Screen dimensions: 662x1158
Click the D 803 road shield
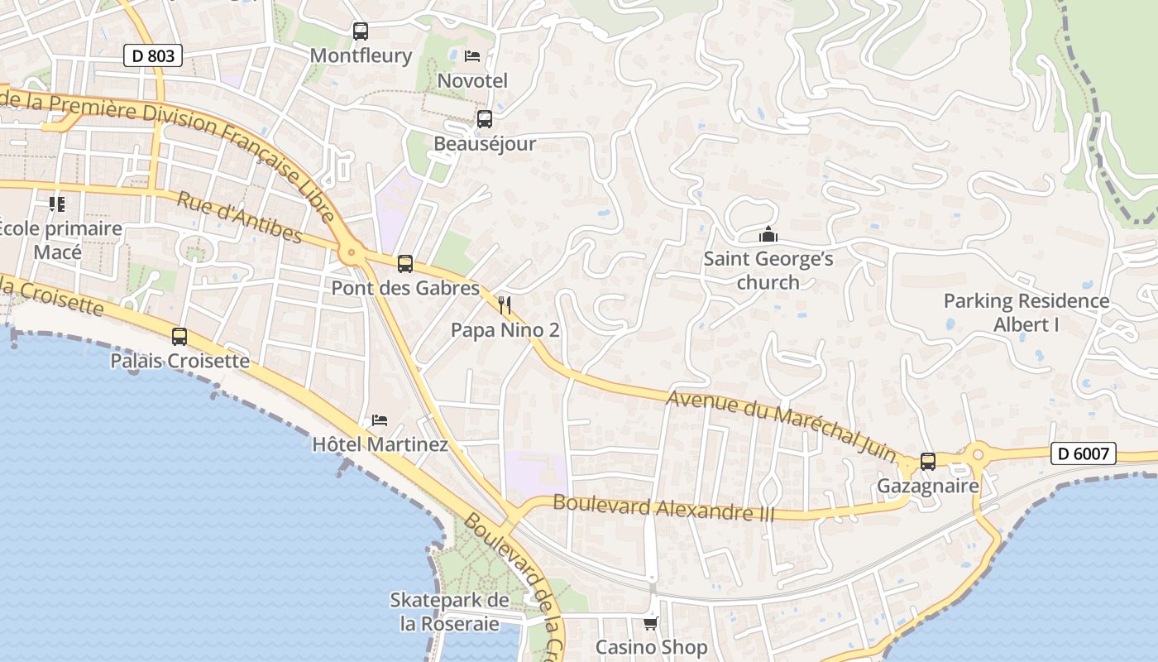(x=153, y=55)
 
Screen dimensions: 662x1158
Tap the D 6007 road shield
(x=1084, y=453)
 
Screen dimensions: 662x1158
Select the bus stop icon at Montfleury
(x=360, y=31)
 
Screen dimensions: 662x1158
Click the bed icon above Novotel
(x=472, y=56)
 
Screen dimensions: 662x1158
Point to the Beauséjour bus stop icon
(x=485, y=119)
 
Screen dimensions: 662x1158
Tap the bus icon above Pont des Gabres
(x=404, y=264)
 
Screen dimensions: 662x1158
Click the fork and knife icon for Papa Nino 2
(x=505, y=305)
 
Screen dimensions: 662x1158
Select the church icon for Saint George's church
(x=768, y=235)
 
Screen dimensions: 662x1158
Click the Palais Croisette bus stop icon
(x=179, y=337)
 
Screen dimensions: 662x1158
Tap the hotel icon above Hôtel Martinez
(x=380, y=420)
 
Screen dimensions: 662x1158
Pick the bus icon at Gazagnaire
(x=928, y=462)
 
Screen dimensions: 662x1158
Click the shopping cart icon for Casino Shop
(x=652, y=622)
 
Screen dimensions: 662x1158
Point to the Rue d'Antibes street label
(x=240, y=218)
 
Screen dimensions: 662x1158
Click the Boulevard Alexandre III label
(x=663, y=507)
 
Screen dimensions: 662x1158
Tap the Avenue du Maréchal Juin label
(x=782, y=425)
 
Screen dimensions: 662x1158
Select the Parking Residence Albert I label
(x=1026, y=313)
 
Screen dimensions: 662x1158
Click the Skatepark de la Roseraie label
(x=449, y=612)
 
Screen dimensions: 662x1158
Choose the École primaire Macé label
(x=60, y=240)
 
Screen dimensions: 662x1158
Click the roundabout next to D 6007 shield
(x=979, y=453)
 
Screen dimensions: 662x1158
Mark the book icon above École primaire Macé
(x=57, y=204)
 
